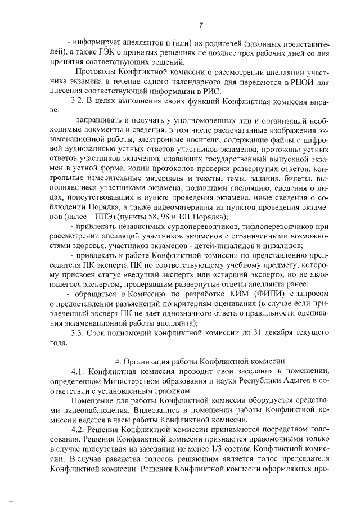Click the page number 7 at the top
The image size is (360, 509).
point(200,24)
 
